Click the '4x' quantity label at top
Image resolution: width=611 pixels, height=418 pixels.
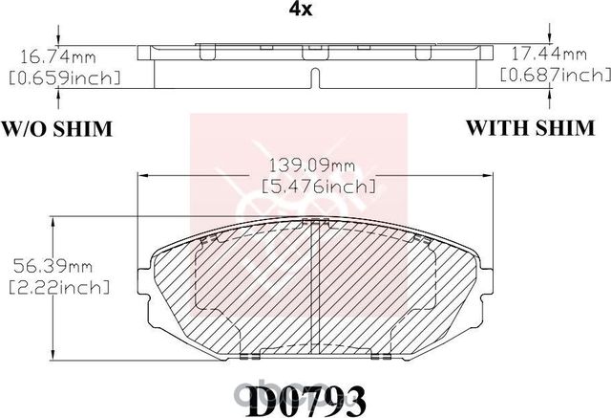(x=305, y=11)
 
